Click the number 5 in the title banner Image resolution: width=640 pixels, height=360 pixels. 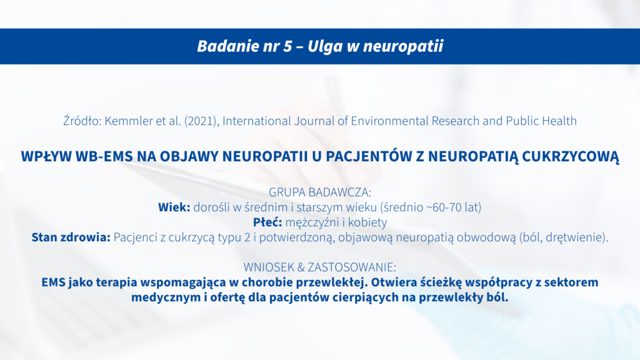[x=287, y=46]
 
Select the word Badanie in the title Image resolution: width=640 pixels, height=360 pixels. [x=223, y=46]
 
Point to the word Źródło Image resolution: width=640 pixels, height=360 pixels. [x=82, y=121]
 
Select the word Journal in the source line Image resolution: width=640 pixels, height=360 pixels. [x=314, y=121]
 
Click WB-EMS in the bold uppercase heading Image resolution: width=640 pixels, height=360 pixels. [x=104, y=156]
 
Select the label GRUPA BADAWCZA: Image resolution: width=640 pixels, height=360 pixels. [x=320, y=192]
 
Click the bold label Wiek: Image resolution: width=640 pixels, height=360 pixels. [x=174, y=207]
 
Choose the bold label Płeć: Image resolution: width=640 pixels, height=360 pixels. [x=267, y=222]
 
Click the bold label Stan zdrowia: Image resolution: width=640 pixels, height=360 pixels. [x=71, y=237]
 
